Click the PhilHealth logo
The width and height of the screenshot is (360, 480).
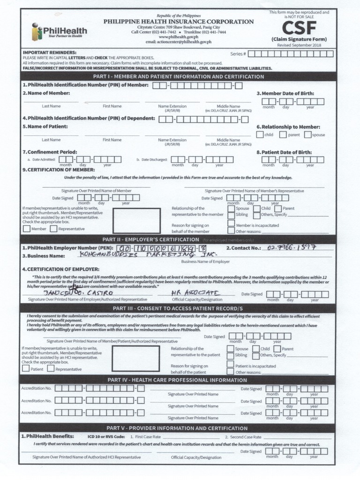(x=59, y=31)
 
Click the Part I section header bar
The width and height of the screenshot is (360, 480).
(x=178, y=76)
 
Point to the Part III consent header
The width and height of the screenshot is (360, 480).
(x=178, y=308)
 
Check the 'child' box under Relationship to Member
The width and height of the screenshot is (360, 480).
(x=260, y=135)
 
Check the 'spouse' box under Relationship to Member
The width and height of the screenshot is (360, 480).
(x=307, y=135)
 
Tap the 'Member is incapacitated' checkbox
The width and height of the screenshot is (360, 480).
(x=231, y=225)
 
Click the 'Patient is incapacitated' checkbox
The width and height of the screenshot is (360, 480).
(x=230, y=366)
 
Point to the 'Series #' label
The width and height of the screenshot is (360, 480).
(x=238, y=54)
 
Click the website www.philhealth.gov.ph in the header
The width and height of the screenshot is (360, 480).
(x=179, y=37)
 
